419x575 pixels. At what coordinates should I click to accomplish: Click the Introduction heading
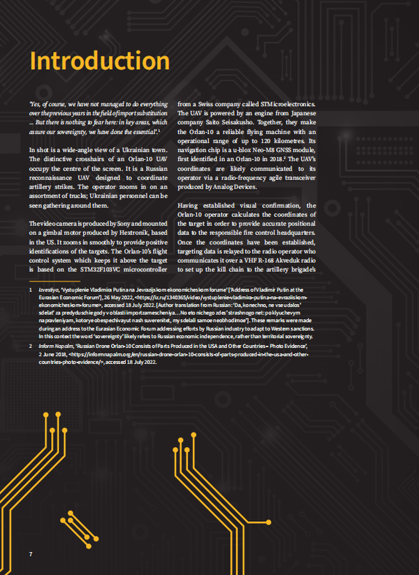100,60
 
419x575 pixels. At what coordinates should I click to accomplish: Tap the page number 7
31,554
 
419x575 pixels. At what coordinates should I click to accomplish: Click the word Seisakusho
263,122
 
